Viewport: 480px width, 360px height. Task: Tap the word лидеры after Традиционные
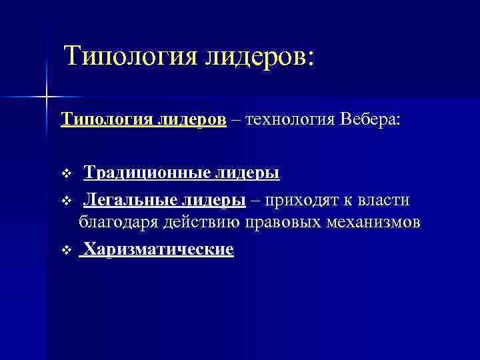246,173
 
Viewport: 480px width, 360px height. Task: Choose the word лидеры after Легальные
214,200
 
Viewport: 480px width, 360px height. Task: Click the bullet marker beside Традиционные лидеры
65,175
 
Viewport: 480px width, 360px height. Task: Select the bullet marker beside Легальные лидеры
65,201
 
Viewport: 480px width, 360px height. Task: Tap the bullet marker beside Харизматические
65,251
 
